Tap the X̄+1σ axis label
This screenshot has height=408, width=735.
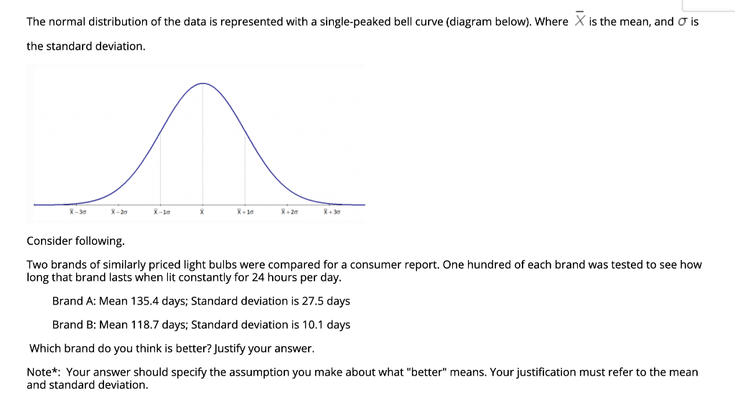pyautogui.click(x=245, y=212)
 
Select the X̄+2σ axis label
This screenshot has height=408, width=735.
pyautogui.click(x=289, y=212)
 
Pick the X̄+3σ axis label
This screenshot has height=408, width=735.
pyautogui.click(x=332, y=212)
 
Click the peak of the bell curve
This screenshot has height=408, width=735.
pyautogui.click(x=203, y=83)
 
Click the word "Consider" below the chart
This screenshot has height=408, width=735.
pyautogui.click(x=50, y=241)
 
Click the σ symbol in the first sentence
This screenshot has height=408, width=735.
pyautogui.click(x=683, y=22)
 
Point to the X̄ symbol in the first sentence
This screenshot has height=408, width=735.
pyautogui.click(x=580, y=21)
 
